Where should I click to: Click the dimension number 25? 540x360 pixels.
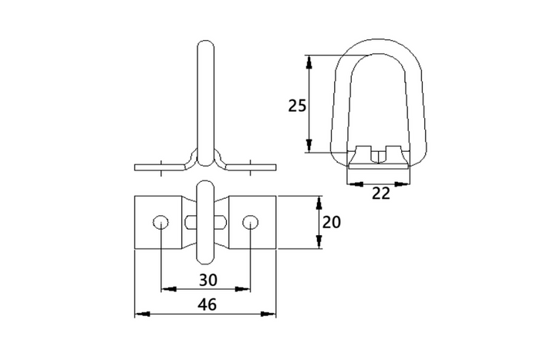pyautogui.click(x=297, y=106)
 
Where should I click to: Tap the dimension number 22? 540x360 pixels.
pyautogui.click(x=381, y=193)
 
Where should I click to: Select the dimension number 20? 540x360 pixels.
pyautogui.click(x=331, y=222)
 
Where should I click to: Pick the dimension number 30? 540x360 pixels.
pyautogui.click(x=208, y=280)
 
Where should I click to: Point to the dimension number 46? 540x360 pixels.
pyautogui.click(x=208, y=304)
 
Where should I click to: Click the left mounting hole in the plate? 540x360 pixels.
pyautogui.click(x=160, y=222)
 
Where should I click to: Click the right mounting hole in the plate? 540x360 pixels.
pyautogui.click(x=251, y=222)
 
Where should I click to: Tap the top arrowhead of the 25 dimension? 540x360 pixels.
pyautogui.click(x=309, y=62)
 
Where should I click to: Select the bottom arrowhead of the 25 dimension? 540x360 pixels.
pyautogui.click(x=309, y=145)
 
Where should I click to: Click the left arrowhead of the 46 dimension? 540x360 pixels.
pyautogui.click(x=142, y=314)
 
